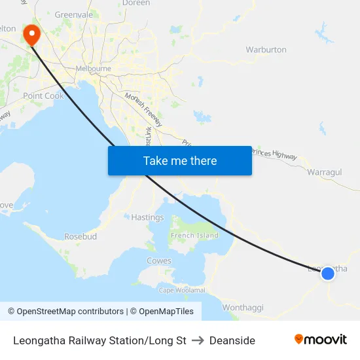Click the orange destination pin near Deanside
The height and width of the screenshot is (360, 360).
[31, 34]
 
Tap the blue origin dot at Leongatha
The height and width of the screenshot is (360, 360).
[328, 273]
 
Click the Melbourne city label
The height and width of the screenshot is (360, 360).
[93, 68]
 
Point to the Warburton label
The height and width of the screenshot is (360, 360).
[266, 50]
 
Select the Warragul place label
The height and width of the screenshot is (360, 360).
[325, 171]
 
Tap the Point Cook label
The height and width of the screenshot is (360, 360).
[43, 96]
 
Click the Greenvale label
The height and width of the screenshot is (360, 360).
[74, 14]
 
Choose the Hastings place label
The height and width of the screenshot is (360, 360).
[147, 217]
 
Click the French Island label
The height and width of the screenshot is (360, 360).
[194, 236]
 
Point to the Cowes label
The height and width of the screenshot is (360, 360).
[159, 261]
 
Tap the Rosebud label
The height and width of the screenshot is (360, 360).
[81, 236]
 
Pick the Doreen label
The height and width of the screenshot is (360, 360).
[136, 3]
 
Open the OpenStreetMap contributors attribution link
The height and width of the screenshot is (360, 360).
[70, 312]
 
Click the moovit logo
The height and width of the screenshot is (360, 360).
[320, 340]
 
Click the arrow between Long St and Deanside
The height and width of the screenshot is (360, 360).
[198, 340]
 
